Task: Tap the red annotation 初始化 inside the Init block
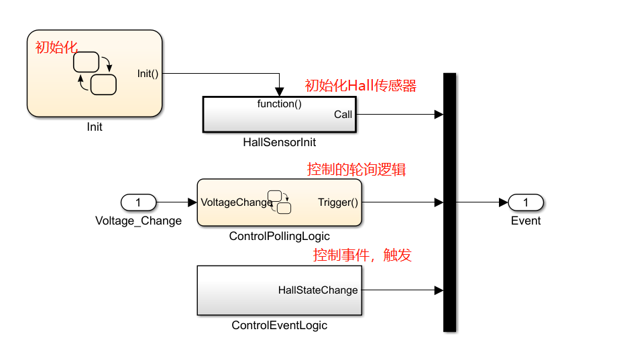(x=56, y=48)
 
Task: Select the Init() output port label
(x=148, y=74)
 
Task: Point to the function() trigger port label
(x=279, y=104)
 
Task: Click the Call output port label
(x=343, y=115)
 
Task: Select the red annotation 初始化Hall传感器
(x=361, y=86)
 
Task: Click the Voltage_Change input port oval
(x=138, y=202)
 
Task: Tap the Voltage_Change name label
(x=138, y=221)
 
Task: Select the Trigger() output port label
(x=338, y=202)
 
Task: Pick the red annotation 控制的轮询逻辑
(x=356, y=170)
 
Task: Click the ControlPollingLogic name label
(x=279, y=236)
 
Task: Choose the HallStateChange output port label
(x=318, y=290)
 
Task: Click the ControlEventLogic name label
(x=279, y=325)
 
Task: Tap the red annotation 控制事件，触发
(x=362, y=255)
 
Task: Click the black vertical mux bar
(x=449, y=202)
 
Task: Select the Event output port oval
(x=525, y=202)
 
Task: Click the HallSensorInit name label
(x=279, y=142)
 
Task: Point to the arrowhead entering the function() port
(x=280, y=92)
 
